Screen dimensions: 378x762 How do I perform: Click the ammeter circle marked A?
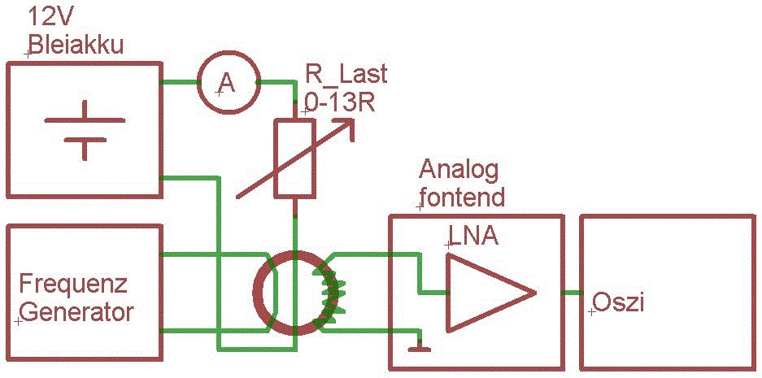(x=227, y=83)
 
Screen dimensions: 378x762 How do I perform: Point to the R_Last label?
(x=346, y=75)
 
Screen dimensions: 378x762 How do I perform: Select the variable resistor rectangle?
(x=295, y=159)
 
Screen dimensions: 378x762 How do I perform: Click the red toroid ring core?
(x=262, y=293)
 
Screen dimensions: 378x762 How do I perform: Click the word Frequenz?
(x=74, y=285)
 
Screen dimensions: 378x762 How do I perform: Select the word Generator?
(x=76, y=312)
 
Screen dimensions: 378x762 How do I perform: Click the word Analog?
(x=458, y=170)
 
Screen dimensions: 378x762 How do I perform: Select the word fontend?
(x=461, y=197)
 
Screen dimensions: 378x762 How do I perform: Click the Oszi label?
(x=619, y=302)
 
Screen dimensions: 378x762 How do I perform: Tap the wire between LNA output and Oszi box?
(x=560, y=292)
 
